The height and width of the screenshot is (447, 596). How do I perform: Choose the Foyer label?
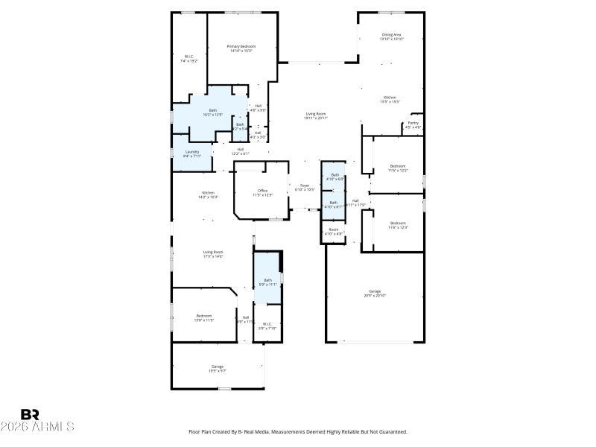304,187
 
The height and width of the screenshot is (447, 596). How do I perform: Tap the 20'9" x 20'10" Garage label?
375,293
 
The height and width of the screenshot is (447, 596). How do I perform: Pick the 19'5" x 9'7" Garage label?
218,368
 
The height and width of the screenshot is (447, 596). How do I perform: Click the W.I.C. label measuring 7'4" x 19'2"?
188,58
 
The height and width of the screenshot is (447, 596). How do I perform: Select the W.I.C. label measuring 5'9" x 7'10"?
267,326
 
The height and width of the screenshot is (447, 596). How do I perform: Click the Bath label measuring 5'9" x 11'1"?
267,282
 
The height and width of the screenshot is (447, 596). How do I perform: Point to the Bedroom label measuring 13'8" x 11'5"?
204,317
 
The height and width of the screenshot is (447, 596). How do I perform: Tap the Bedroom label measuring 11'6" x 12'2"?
398,168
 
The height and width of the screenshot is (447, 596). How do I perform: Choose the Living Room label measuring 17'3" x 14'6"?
213,254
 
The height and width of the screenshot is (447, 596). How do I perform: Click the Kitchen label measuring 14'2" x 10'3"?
208,194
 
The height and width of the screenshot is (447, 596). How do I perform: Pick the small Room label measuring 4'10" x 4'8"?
333,232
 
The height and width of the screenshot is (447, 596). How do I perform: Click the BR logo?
30,414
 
